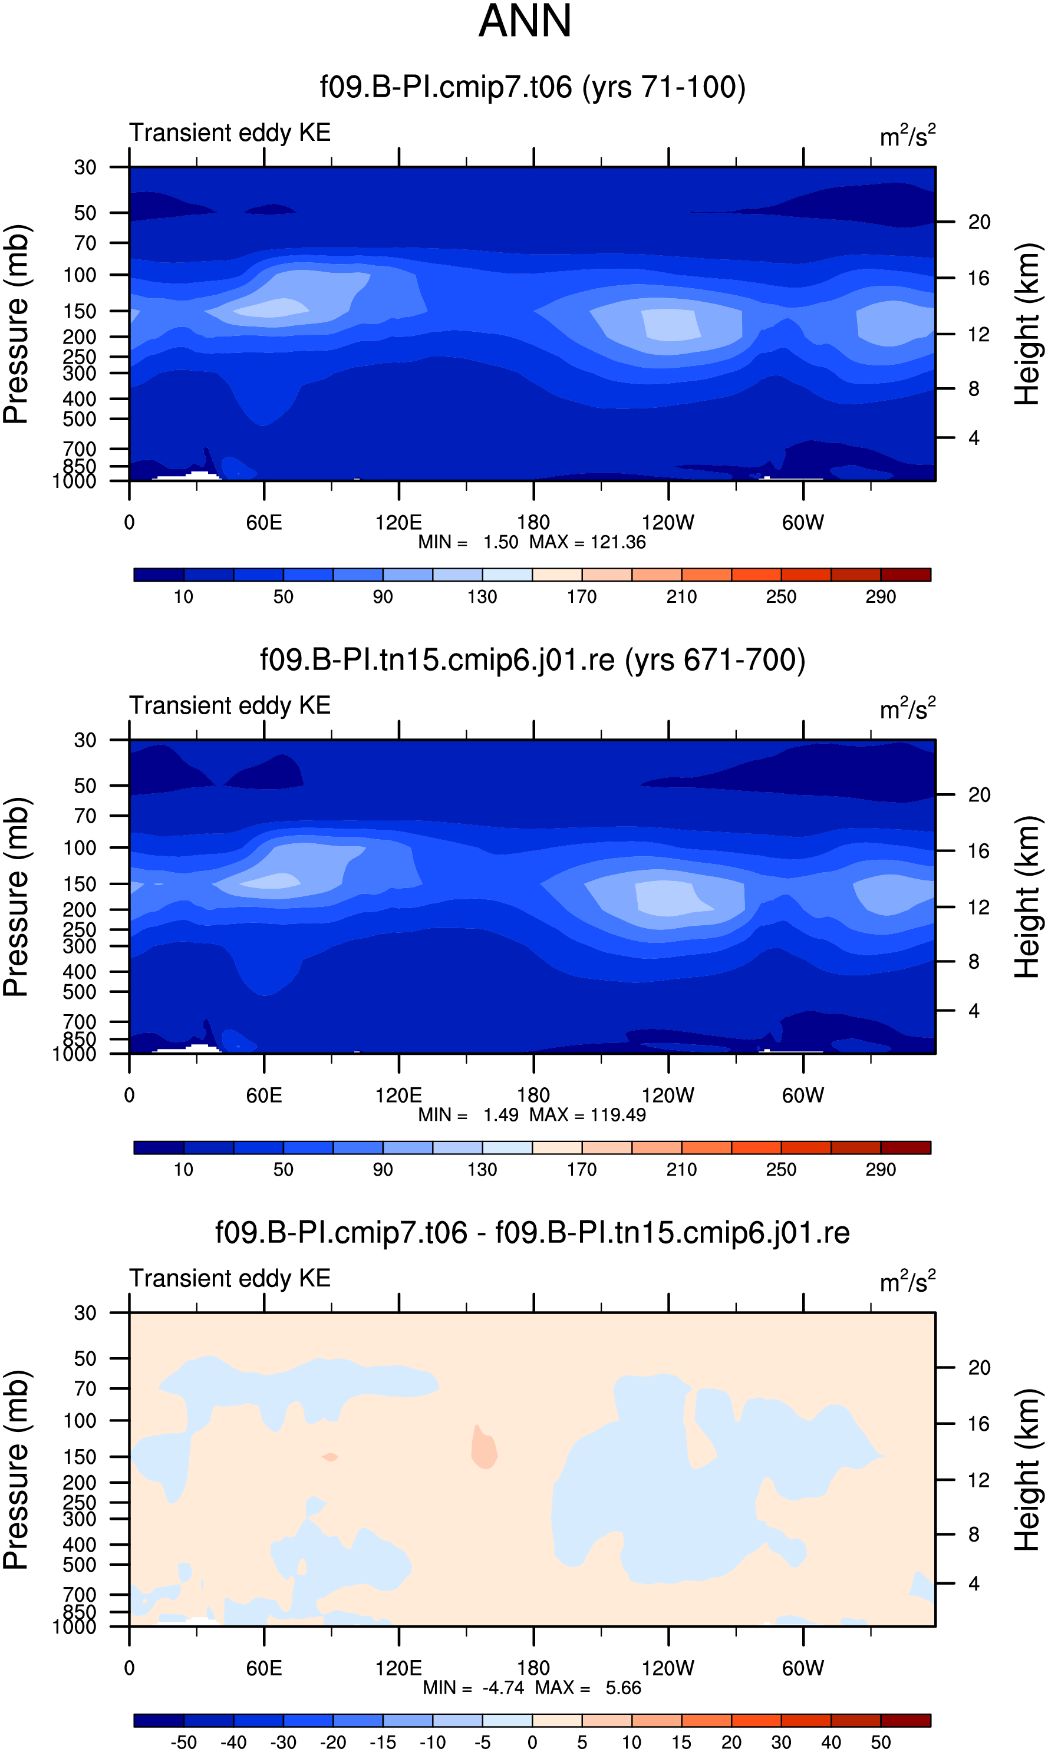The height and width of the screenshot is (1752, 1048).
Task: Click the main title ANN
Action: (525, 21)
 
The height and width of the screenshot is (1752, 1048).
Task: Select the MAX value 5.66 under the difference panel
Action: (623, 1688)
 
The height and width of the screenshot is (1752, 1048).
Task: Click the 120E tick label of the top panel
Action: (398, 523)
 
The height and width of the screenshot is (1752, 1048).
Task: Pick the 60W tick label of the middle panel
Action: (803, 1096)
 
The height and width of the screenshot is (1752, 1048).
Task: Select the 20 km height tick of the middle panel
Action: (979, 795)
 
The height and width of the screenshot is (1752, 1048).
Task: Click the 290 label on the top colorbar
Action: (881, 597)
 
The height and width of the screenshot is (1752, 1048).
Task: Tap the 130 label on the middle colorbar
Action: (482, 1170)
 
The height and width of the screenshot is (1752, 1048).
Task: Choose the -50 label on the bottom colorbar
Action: (184, 1742)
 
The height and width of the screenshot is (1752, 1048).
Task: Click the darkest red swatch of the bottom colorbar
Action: (906, 1720)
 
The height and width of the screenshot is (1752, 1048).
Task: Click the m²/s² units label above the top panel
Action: (908, 135)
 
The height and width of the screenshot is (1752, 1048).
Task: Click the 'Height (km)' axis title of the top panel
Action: (1027, 324)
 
